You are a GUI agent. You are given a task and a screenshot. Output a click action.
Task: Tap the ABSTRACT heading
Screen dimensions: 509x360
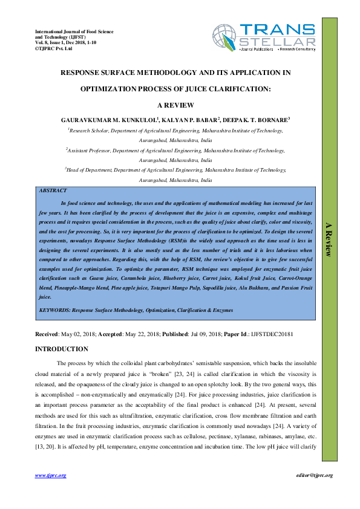53,190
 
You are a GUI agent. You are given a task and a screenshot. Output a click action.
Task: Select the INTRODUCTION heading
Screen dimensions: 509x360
62,349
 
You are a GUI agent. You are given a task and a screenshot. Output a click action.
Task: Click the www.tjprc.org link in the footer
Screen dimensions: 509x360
50,476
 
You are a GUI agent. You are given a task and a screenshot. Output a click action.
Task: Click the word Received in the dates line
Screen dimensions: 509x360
47,334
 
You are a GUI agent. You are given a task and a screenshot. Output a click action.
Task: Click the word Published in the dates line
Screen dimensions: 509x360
175,334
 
